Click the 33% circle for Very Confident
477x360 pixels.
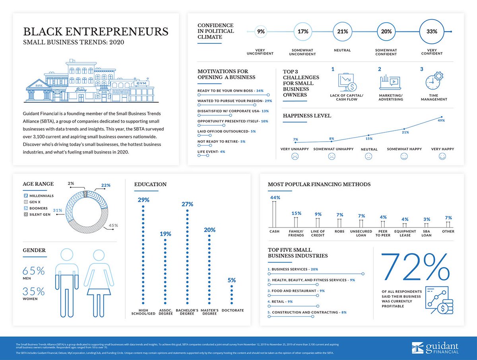(432, 31)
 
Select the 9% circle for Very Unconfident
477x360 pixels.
(261, 31)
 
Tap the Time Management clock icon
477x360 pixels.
(434, 82)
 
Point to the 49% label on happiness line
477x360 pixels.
(441, 120)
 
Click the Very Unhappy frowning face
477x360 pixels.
(295, 157)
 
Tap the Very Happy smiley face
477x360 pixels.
(442, 157)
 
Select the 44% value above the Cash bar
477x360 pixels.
(275, 198)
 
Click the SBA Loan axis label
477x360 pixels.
(426, 233)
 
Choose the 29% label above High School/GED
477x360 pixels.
(143, 200)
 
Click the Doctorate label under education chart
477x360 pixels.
(233, 310)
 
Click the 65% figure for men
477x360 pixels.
(34, 271)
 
